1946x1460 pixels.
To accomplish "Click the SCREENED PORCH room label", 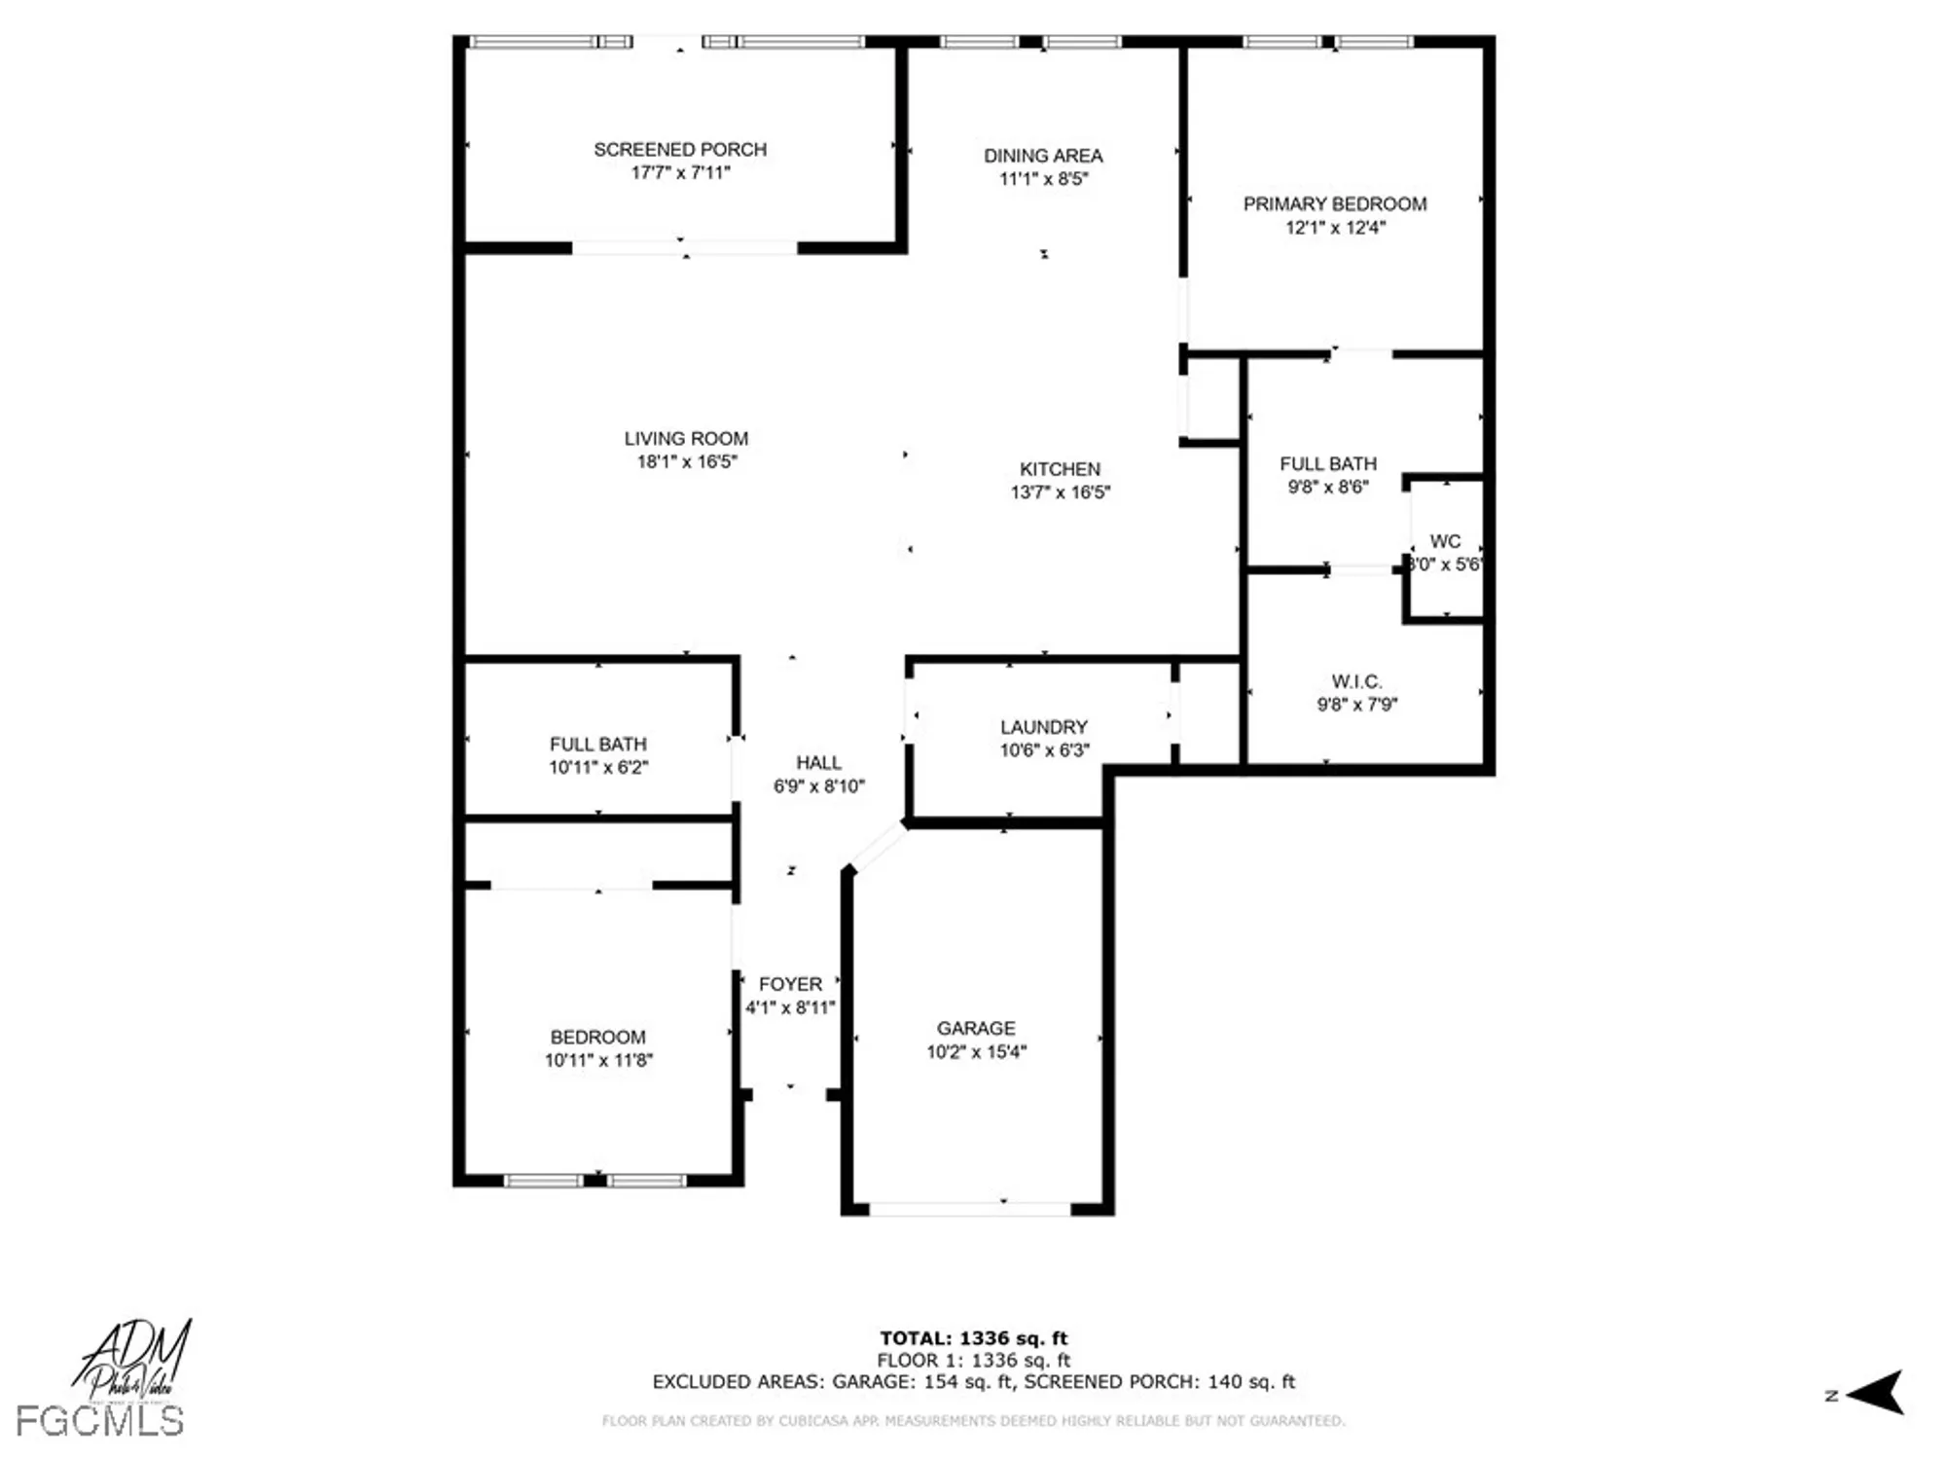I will click(680, 150).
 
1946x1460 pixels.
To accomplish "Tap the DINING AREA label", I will click(1043, 156).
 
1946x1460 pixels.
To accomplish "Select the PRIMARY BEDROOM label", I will click(1335, 204).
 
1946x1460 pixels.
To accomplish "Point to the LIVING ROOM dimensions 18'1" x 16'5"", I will click(687, 462).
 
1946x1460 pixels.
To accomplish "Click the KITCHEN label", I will click(1060, 469).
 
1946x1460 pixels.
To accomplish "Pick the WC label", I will click(1445, 542).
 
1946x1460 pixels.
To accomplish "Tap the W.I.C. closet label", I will click(1356, 682).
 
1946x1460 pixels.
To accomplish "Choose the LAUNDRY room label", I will click(1044, 728).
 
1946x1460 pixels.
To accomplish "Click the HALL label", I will click(818, 763).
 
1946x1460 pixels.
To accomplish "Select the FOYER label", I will click(790, 985).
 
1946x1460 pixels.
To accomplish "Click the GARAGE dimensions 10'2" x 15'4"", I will click(976, 1052).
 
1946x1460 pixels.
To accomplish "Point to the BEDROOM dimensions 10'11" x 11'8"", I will click(598, 1061).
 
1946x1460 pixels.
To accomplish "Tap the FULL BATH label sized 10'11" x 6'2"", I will click(597, 745).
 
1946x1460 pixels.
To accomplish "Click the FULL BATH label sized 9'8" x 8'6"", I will click(1328, 464).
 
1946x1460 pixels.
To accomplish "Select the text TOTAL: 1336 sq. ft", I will click(973, 1338).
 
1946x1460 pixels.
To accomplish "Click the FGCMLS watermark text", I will click(99, 1422).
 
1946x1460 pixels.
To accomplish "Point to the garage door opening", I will click(970, 1209).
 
